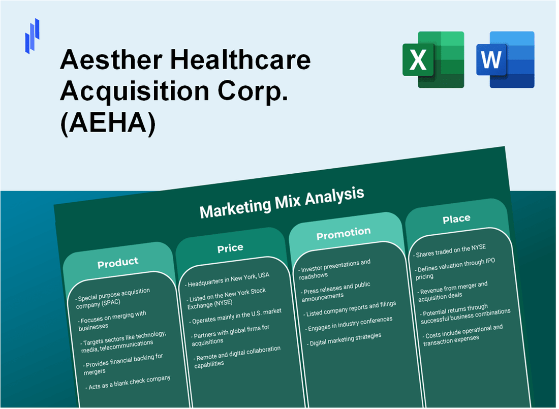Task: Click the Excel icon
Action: [x=433, y=59]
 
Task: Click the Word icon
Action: [x=505, y=59]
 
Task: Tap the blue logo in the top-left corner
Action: [x=32, y=36]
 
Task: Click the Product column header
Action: [x=118, y=262]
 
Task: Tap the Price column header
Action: [x=230, y=248]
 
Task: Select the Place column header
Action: [x=456, y=219]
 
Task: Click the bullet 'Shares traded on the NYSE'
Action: [x=450, y=250]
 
